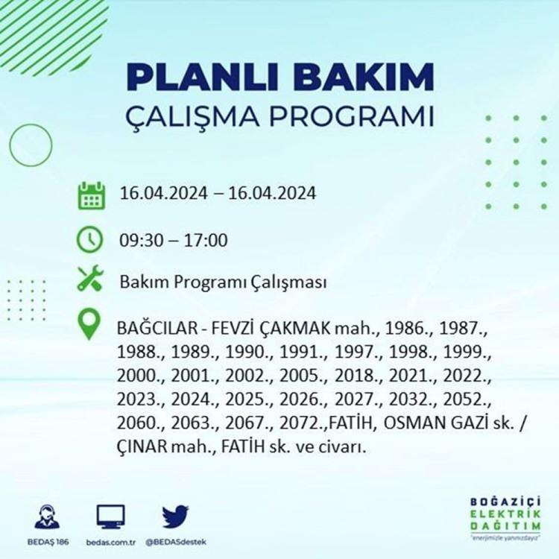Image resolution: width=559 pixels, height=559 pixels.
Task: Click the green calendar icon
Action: click(92, 195)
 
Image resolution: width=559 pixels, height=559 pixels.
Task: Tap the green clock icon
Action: click(90, 239)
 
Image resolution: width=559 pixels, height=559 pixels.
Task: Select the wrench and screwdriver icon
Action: click(90, 278)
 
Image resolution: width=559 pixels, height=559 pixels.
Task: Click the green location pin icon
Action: click(89, 323)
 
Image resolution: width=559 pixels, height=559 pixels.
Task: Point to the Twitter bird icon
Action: click(175, 517)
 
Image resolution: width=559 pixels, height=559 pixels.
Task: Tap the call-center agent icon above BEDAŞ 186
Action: click(47, 517)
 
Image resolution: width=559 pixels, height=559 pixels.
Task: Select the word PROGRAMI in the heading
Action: click(352, 116)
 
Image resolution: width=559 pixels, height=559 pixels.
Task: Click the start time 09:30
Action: click(140, 240)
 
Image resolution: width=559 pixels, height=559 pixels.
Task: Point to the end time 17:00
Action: click(206, 240)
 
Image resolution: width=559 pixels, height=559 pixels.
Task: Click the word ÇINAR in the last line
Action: click(142, 446)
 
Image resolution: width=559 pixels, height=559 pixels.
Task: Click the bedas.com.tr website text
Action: click(111, 543)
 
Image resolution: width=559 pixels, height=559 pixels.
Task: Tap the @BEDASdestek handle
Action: click(176, 543)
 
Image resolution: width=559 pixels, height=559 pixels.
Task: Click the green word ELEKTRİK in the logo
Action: click(505, 514)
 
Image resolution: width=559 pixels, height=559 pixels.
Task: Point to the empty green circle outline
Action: click(10, 145)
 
